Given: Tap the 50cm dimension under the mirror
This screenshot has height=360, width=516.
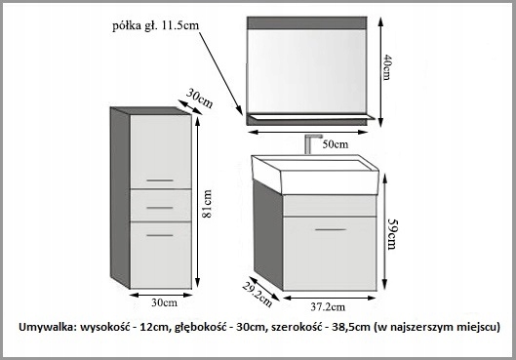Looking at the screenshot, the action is click(335, 143).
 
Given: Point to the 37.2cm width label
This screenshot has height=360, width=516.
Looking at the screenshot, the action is click(331, 305).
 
